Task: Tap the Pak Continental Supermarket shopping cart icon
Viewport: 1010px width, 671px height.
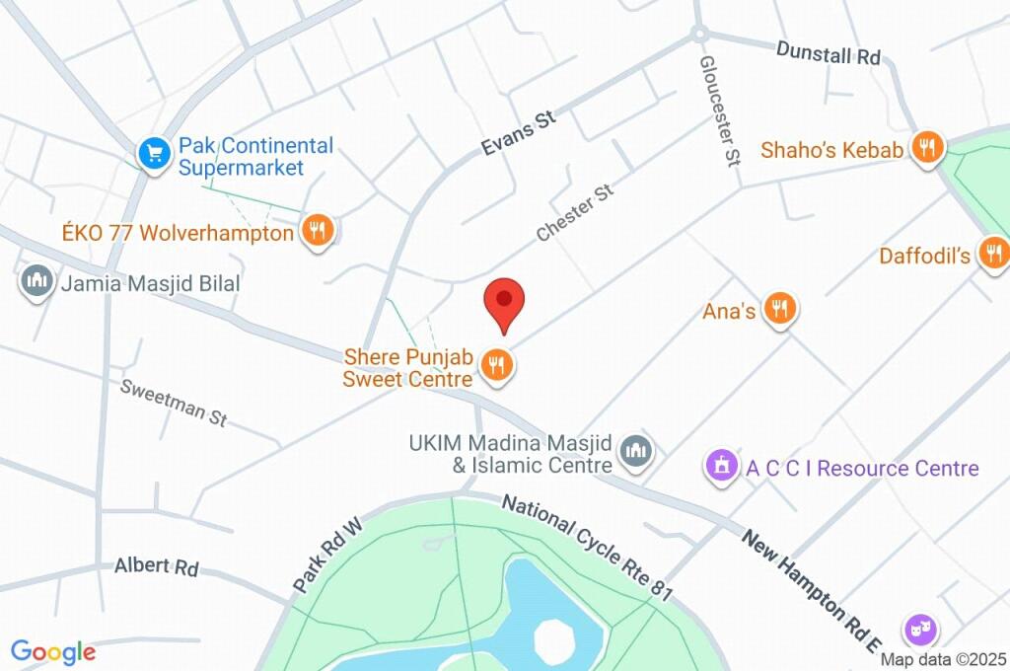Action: pyautogui.click(x=153, y=154)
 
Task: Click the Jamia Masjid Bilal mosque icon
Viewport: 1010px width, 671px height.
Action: pyautogui.click(x=37, y=282)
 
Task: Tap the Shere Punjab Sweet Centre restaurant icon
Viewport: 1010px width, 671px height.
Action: pyautogui.click(x=496, y=366)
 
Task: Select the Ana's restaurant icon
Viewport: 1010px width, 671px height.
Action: pyautogui.click(x=780, y=310)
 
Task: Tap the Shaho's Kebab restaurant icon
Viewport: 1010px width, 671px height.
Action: pyautogui.click(x=926, y=149)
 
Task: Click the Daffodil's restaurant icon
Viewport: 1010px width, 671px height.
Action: pyautogui.click(x=992, y=255)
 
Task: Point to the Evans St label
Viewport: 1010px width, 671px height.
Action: pyautogui.click(x=519, y=133)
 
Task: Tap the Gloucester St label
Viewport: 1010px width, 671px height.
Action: pyautogui.click(x=720, y=109)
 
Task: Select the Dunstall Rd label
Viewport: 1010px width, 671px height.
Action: pyautogui.click(x=828, y=53)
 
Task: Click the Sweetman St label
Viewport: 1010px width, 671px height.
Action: pyautogui.click(x=174, y=402)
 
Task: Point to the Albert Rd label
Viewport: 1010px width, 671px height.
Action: pyautogui.click(x=156, y=567)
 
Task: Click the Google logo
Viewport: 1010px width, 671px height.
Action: pyautogui.click(x=52, y=651)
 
